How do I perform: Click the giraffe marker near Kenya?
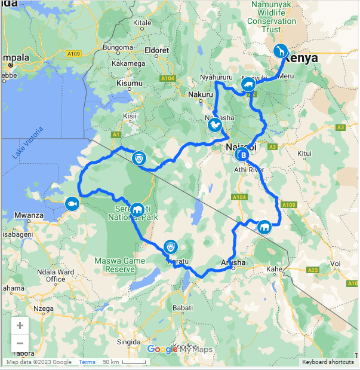click(281, 51)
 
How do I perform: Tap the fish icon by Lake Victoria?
click(72, 203)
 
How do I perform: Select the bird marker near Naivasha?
click(215, 126)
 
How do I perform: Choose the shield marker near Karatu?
click(171, 247)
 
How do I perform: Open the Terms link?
click(87, 362)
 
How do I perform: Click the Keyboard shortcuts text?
click(328, 362)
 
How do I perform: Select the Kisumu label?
click(130, 84)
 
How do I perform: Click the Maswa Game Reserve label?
click(120, 265)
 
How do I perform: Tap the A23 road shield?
click(313, 270)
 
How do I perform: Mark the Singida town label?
click(130, 342)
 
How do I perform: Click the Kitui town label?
click(304, 154)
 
